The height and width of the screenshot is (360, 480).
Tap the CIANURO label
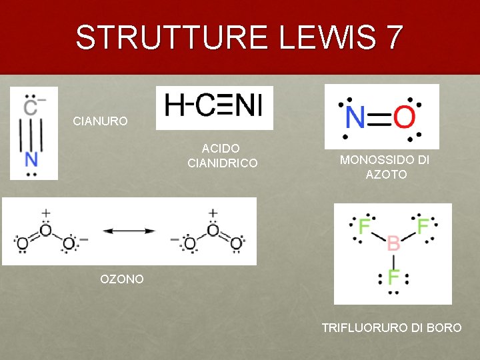click(x=100, y=122)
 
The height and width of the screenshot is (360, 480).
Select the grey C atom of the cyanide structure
click(x=31, y=106)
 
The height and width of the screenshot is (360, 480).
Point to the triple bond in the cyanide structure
click(x=31, y=133)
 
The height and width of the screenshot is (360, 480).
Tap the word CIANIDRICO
click(x=223, y=163)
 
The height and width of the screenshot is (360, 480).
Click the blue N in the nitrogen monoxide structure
click(x=356, y=119)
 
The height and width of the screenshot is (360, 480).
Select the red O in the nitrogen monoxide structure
click(x=404, y=119)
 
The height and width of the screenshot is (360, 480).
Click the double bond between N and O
click(x=380, y=119)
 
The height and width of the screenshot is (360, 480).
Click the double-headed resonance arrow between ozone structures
click(x=129, y=231)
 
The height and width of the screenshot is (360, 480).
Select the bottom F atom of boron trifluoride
click(x=393, y=275)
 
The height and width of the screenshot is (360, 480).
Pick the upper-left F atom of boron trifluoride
click(x=364, y=226)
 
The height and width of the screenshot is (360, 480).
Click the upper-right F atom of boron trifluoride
click(x=423, y=226)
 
